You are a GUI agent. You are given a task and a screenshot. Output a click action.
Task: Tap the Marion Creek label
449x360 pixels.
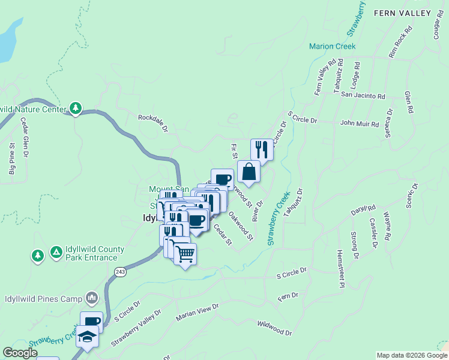[x=332, y=46]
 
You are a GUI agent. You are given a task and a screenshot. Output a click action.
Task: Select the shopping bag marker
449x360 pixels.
[x=249, y=172]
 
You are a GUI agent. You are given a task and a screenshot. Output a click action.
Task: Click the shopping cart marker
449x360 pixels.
[x=185, y=254]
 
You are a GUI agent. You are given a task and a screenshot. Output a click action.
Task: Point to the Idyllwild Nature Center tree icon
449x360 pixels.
[x=76, y=109]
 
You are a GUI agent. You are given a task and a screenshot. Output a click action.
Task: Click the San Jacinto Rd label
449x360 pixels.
[x=363, y=95]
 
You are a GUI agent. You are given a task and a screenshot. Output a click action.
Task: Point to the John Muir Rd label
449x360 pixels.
[x=360, y=124]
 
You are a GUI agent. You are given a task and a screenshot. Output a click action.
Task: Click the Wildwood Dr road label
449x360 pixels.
[x=274, y=328]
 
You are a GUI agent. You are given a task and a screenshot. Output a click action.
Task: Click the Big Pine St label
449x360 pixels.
[x=12, y=159]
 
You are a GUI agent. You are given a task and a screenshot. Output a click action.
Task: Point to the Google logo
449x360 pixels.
[x=20, y=353]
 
